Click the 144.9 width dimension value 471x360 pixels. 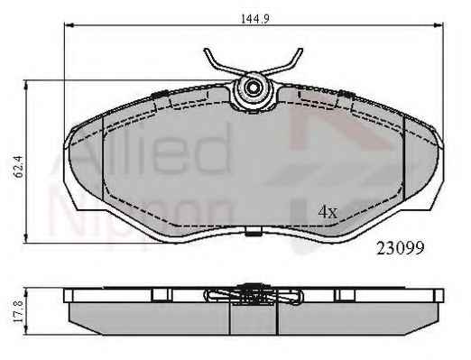pyautogui.click(x=255, y=19)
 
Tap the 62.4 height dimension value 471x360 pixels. pyautogui.click(x=19, y=167)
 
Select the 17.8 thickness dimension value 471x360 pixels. pyautogui.click(x=19, y=312)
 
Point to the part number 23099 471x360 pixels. pyautogui.click(x=401, y=248)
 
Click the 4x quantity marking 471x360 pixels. pyautogui.click(x=328, y=212)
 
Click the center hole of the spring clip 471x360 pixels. pyautogui.click(x=253, y=88)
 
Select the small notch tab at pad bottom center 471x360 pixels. pyautogui.click(x=253, y=232)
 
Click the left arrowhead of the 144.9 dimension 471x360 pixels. pyautogui.click(x=69, y=25)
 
